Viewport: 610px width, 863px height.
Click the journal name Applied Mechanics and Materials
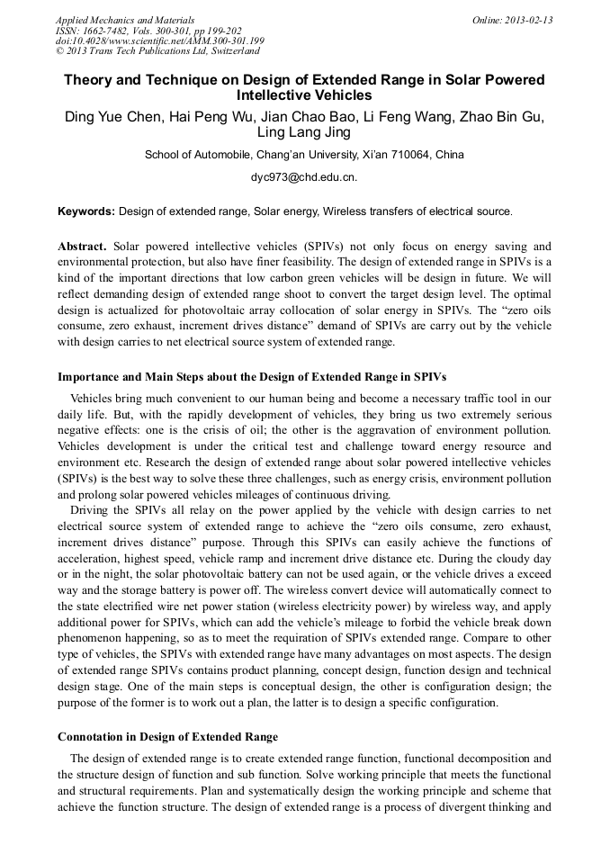(124, 20)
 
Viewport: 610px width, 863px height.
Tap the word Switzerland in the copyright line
(231, 51)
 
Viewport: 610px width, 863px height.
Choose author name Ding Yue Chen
(112, 117)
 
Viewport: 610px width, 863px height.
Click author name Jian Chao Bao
(323, 117)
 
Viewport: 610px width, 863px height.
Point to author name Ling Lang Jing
(304, 133)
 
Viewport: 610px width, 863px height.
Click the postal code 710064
(405, 155)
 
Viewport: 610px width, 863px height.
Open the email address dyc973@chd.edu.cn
(304, 178)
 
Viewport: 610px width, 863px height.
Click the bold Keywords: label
(86, 212)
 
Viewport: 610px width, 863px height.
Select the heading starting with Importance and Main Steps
(252, 376)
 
